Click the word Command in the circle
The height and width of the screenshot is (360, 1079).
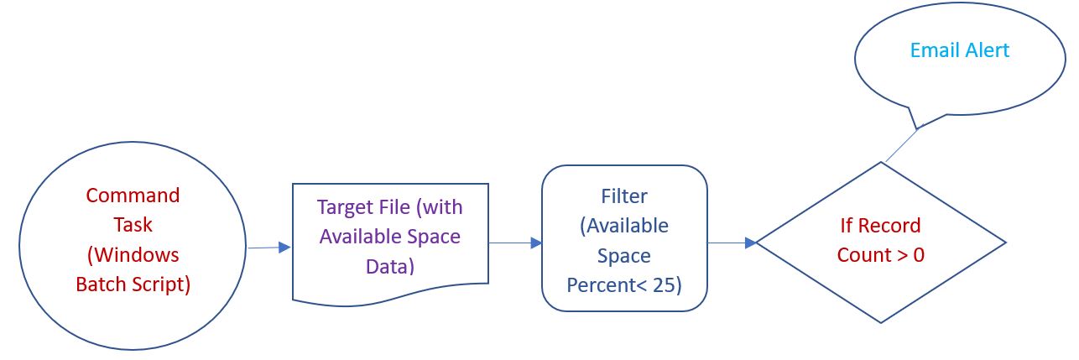click(x=133, y=196)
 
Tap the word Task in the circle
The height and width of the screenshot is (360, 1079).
click(x=133, y=225)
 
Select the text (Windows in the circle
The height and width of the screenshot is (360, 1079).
click(x=133, y=254)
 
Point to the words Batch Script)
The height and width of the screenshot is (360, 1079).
click(x=133, y=284)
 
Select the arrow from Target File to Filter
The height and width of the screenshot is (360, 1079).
click(x=514, y=243)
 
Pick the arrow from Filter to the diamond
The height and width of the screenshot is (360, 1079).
click(x=731, y=243)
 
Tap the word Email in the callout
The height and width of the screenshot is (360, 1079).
click(x=933, y=50)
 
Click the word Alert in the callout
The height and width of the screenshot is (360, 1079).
click(x=985, y=50)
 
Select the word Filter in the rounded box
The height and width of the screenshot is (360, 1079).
click(x=623, y=196)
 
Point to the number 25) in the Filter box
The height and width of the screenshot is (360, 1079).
click(x=668, y=284)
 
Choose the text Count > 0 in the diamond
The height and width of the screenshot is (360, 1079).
click(x=880, y=255)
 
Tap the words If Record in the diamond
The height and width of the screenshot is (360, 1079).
click(x=880, y=225)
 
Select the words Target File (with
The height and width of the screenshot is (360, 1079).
click(x=389, y=206)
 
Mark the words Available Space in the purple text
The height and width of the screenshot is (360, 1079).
click(x=389, y=237)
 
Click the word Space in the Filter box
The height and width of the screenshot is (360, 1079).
click(x=623, y=255)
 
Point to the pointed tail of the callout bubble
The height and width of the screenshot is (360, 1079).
click(x=918, y=128)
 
